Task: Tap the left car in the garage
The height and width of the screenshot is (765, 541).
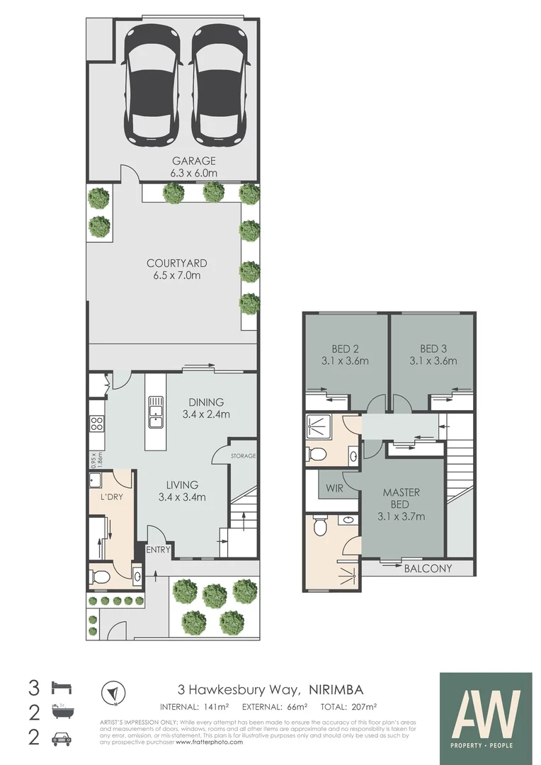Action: point(151,81)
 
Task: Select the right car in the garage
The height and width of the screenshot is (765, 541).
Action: point(220,81)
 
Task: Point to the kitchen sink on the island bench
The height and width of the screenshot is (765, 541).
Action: point(155,412)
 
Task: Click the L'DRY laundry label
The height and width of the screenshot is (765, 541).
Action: point(111,497)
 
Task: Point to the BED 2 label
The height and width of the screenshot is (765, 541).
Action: point(346,348)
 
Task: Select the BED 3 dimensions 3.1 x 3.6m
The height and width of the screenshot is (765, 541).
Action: point(433,361)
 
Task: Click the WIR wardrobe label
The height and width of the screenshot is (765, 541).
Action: point(334,488)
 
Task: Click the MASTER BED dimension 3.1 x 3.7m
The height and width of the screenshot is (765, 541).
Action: point(402,516)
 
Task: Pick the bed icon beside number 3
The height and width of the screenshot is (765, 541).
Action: point(62,687)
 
